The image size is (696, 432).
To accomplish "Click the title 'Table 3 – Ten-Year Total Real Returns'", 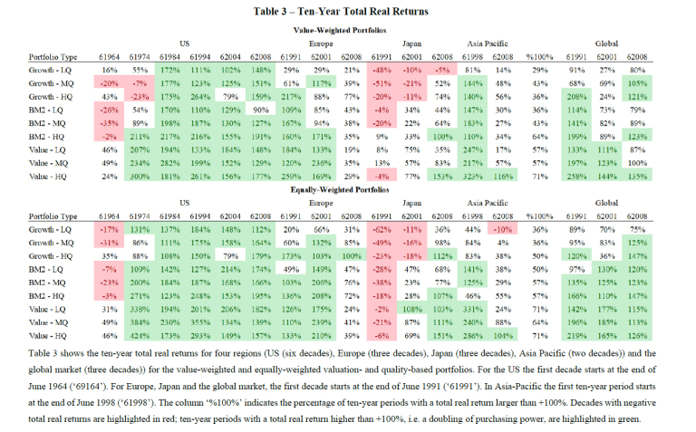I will pos(348,11).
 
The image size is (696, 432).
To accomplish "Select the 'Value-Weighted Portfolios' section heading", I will pos(348,30).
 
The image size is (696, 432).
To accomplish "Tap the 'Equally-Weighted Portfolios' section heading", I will pos(348,191).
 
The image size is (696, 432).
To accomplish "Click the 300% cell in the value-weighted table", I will pos(140,177).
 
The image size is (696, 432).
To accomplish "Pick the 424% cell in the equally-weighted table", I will pos(140,336).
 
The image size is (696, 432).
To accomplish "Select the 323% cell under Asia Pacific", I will pos(472,177).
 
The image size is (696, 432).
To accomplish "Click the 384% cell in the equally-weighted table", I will pos(140,322).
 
